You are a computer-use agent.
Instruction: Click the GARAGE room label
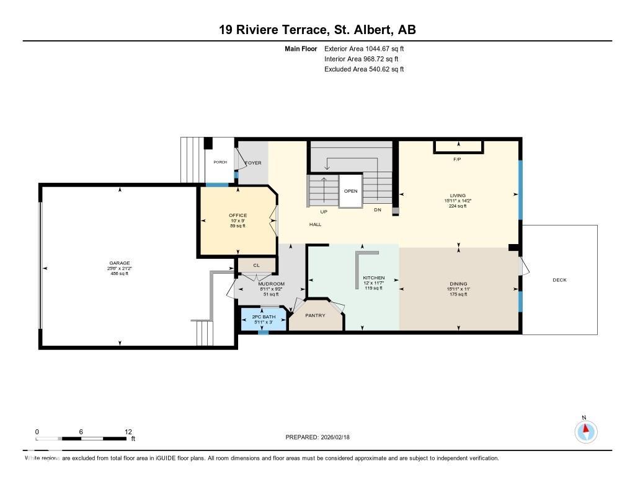(120, 263)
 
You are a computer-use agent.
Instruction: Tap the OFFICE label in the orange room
(238, 216)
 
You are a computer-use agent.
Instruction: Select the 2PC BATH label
(264, 317)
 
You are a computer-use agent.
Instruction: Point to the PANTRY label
(315, 315)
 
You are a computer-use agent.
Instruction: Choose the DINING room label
(458, 284)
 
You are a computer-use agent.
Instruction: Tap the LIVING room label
(458, 195)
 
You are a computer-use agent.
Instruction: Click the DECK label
(559, 280)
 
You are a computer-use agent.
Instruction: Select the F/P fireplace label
(458, 159)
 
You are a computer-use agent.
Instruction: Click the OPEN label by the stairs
(350, 191)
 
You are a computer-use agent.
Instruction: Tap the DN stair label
(377, 211)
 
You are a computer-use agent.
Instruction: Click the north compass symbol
(585, 431)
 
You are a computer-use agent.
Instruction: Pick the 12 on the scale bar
(128, 432)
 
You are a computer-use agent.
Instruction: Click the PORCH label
(220, 162)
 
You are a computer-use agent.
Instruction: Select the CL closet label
(256, 265)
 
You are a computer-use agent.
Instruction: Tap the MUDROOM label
(271, 284)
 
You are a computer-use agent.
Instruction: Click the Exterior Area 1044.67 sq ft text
(364, 48)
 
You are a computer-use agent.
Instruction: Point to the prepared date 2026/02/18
(340, 437)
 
